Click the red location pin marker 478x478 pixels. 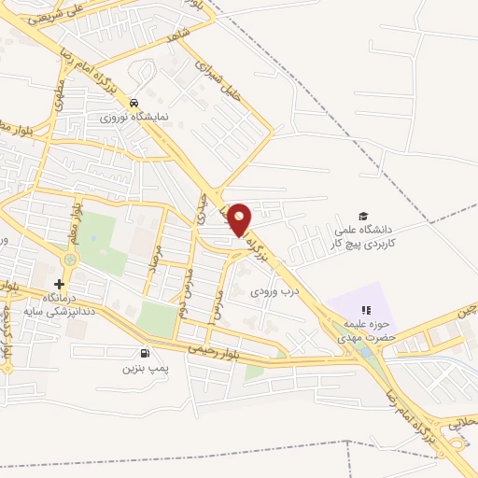[240, 218]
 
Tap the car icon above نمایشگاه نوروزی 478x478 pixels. [134, 103]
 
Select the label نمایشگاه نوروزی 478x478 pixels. [134, 119]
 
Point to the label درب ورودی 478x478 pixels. [273, 290]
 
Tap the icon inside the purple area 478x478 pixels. [367, 310]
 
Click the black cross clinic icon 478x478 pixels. [60, 283]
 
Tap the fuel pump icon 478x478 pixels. [144, 353]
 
